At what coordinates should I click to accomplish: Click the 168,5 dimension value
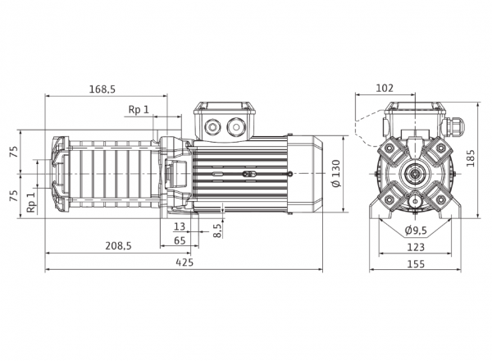[x=102, y=89]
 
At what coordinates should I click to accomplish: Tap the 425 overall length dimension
[x=184, y=262]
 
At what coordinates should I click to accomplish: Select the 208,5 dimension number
[x=118, y=246]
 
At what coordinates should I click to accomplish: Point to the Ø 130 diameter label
[x=336, y=174]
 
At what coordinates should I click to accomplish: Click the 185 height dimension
[x=471, y=158]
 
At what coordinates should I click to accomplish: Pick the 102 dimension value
[x=385, y=89]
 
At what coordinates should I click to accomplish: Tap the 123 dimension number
[x=416, y=247]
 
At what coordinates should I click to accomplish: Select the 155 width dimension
[x=416, y=264]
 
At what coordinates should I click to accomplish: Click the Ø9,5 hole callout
[x=416, y=231]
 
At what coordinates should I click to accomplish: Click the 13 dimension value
[x=180, y=226]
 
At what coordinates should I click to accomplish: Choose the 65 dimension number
[x=180, y=240]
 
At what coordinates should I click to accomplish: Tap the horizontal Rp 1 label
[x=139, y=110]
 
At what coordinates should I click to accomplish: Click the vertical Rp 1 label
[x=31, y=203]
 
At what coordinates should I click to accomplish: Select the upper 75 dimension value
[x=14, y=152]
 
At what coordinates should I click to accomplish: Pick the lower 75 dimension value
[x=14, y=196]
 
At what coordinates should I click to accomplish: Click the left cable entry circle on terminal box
[x=212, y=127]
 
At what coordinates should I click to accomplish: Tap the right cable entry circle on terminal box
[x=235, y=127]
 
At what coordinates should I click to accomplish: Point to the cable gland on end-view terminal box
[x=453, y=127]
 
